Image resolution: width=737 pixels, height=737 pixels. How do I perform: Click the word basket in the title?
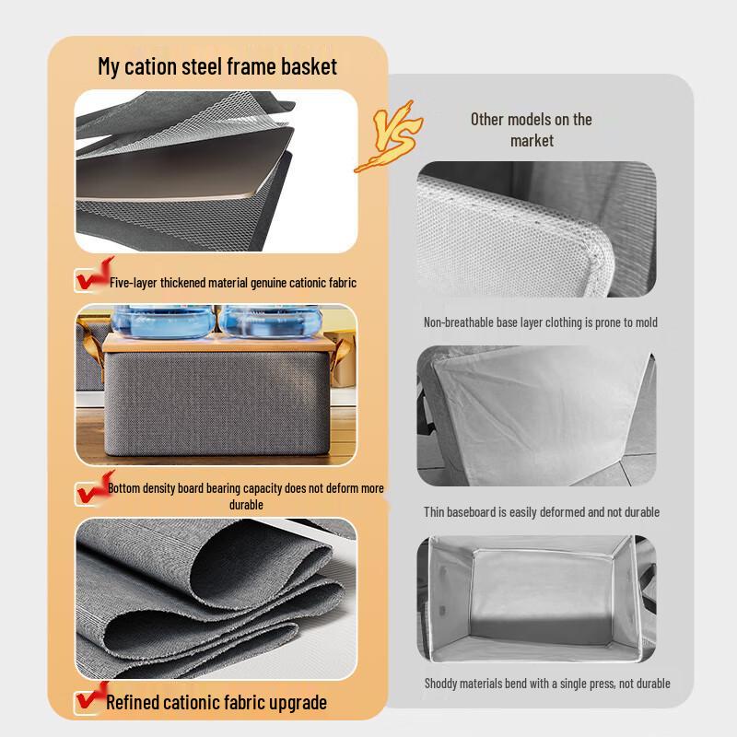308,66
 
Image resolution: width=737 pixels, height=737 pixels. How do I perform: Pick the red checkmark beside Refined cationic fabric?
89,700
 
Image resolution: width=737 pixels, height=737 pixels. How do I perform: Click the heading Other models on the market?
532,129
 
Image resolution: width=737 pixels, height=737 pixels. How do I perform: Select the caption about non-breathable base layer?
540,322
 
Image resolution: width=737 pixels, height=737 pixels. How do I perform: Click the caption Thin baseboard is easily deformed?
541,511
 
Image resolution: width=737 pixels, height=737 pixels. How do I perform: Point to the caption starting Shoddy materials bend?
546,684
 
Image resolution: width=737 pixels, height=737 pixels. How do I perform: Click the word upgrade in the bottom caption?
295,703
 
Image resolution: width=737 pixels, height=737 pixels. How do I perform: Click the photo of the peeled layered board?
215,171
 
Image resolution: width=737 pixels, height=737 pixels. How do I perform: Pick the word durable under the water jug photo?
246,504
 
